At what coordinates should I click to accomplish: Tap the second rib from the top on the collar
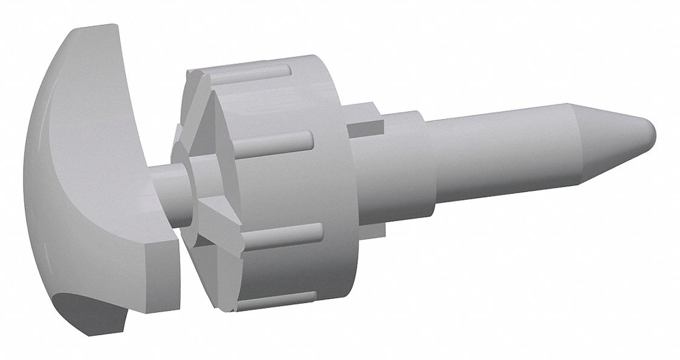[278, 140]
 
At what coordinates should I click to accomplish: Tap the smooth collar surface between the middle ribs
[290, 187]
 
